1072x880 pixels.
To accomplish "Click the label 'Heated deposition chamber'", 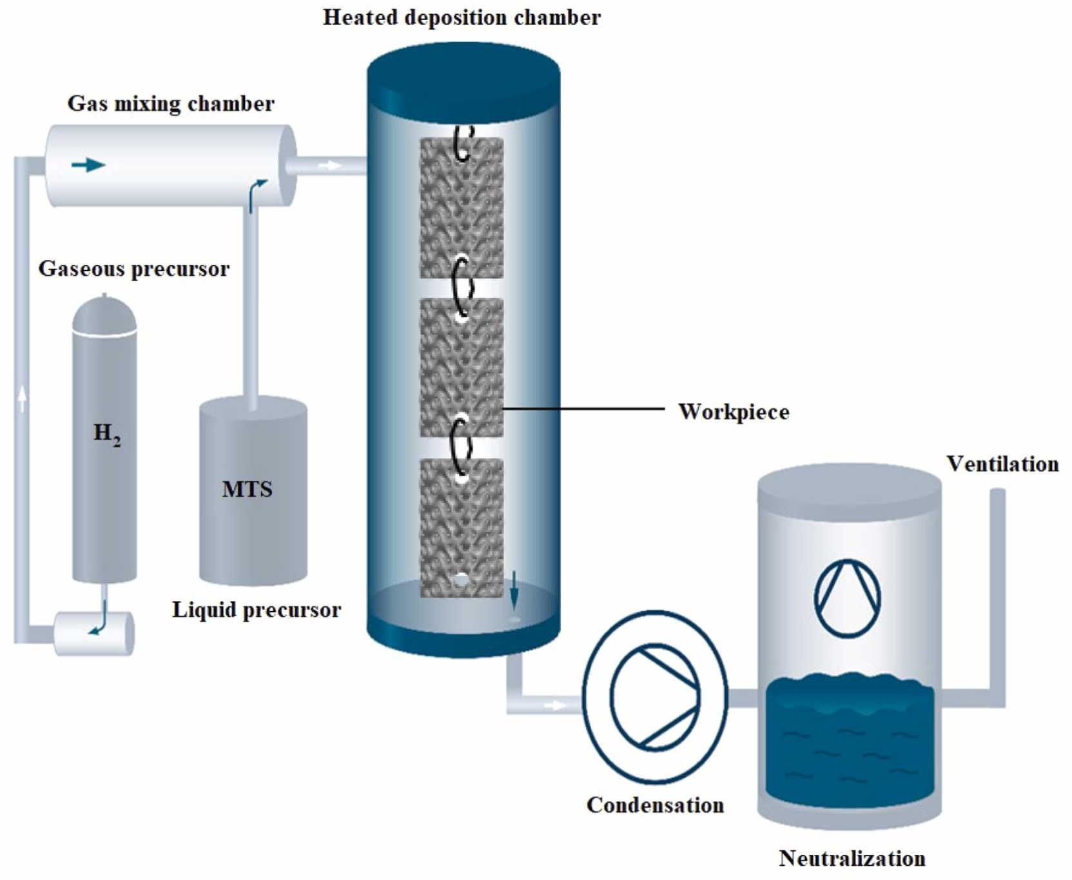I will tap(462, 17).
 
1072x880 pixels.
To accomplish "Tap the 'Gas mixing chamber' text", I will tap(171, 103).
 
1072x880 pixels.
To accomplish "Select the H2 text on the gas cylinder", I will tap(106, 434).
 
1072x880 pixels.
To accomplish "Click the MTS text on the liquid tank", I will tap(247, 489).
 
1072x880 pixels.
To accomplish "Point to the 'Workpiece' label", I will tap(734, 411).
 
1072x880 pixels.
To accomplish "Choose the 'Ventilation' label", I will tap(1002, 464).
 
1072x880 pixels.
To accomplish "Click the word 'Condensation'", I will tap(655, 805).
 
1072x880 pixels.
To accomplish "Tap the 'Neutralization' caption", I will tap(852, 858).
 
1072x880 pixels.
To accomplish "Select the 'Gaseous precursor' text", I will tap(133, 268).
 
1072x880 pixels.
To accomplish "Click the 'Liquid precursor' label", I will tap(256, 609).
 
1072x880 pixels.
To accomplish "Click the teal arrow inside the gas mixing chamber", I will tap(88, 165).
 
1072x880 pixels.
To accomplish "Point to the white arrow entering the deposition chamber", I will tap(330, 166).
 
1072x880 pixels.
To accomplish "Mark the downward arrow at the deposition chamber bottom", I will tap(514, 590).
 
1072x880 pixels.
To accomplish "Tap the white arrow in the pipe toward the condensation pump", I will tap(554, 705).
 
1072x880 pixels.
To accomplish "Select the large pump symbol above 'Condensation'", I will tap(655, 697).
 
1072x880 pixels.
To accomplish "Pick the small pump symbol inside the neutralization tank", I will tap(847, 598).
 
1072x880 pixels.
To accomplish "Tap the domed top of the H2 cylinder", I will tap(104, 314).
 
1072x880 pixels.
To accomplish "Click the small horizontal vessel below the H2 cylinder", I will tap(93, 633).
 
